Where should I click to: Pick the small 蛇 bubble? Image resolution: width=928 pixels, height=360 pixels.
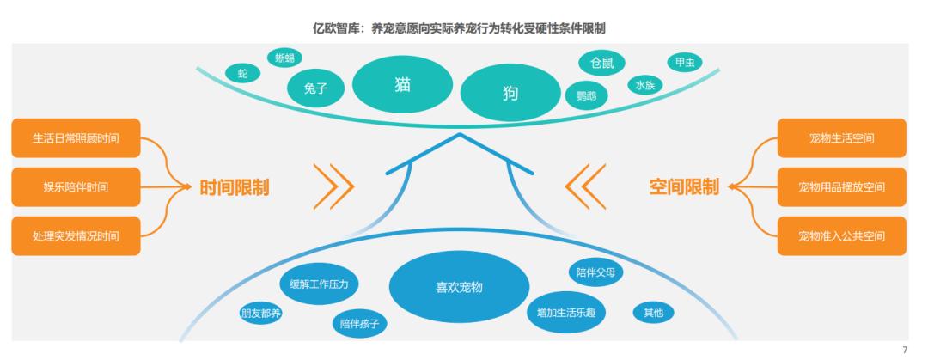pyautogui.click(x=243, y=74)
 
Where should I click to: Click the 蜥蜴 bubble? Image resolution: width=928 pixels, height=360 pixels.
pyautogui.click(x=284, y=58)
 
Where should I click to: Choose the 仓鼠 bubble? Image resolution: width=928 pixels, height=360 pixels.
pyautogui.click(x=601, y=63)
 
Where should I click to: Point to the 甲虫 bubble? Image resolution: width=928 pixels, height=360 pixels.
pyautogui.click(x=685, y=63)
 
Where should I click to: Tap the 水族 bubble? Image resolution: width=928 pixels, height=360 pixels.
pyautogui.click(x=645, y=85)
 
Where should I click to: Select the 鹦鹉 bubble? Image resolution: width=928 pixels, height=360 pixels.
pyautogui.click(x=587, y=95)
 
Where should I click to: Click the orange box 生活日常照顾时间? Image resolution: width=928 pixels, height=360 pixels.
pyautogui.click(x=76, y=138)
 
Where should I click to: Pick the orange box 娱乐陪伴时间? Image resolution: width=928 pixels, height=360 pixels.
pyautogui.click(x=76, y=187)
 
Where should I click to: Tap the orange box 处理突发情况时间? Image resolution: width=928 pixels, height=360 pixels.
pyautogui.click(x=76, y=236)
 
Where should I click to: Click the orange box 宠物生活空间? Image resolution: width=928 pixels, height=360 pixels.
pyautogui.click(x=841, y=138)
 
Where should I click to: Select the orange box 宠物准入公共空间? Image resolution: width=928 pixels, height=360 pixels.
pyautogui.click(x=841, y=236)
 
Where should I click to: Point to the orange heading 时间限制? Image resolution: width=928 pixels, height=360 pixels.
pyautogui.click(x=235, y=187)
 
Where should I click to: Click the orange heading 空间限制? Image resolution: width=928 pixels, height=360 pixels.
pyautogui.click(x=684, y=187)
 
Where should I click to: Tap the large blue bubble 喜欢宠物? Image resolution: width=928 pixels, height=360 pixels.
pyautogui.click(x=460, y=287)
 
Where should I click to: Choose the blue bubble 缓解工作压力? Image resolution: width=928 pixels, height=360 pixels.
pyautogui.click(x=320, y=283)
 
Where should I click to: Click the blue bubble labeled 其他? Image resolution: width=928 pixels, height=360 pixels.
pyautogui.click(x=653, y=313)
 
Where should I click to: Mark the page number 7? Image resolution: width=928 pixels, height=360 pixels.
pyautogui.click(x=904, y=351)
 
